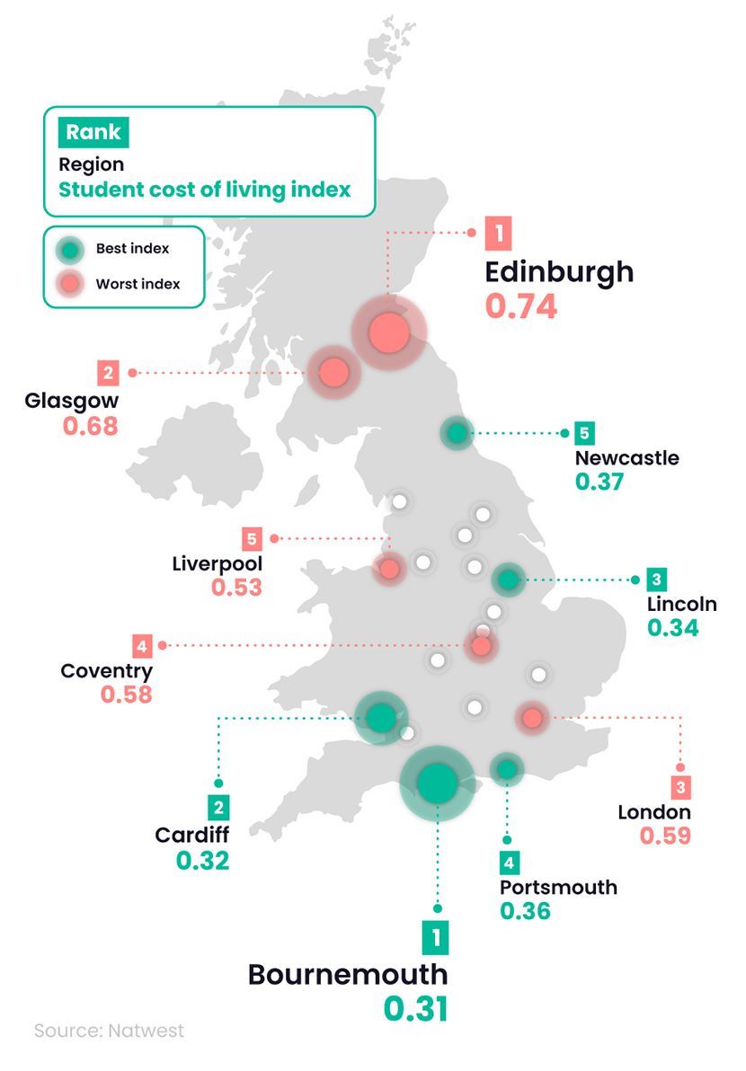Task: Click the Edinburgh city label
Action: pos(559,271)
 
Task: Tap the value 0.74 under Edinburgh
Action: pos(521,305)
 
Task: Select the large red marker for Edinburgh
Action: pos(390,332)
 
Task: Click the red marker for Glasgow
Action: pos(333,371)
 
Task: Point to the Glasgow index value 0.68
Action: pos(90,425)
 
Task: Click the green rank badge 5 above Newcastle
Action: pos(584,433)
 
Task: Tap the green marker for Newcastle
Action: pos(457,434)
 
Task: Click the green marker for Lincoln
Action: pos(508,580)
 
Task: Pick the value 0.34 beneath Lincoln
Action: pos(672,627)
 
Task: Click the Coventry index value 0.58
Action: pos(126,695)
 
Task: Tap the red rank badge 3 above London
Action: pos(680,788)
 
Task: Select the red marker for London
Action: pos(531,717)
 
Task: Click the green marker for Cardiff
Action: pos(381,717)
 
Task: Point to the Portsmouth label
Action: pos(558,887)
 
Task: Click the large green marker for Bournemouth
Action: pos(438,783)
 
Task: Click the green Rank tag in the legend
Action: pos(93,133)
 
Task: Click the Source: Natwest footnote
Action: pos(109,1031)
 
